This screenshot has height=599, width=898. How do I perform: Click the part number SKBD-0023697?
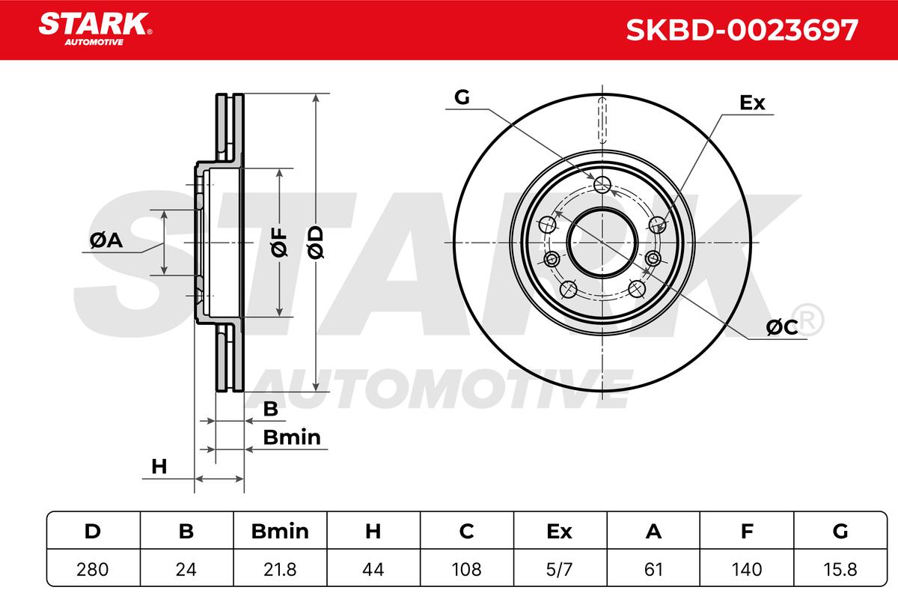742,30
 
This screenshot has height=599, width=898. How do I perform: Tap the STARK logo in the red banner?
95,29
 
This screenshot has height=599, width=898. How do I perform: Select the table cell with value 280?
93,569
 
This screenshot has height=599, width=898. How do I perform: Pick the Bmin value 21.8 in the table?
280,569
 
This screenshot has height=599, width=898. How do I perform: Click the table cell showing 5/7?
559,569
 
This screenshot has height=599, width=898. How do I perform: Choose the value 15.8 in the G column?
840,569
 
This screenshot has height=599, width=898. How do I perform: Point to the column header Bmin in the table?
280,531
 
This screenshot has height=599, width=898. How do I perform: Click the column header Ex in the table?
559,531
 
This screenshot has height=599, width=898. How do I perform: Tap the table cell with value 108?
466,569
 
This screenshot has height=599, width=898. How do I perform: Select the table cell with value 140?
747,569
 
